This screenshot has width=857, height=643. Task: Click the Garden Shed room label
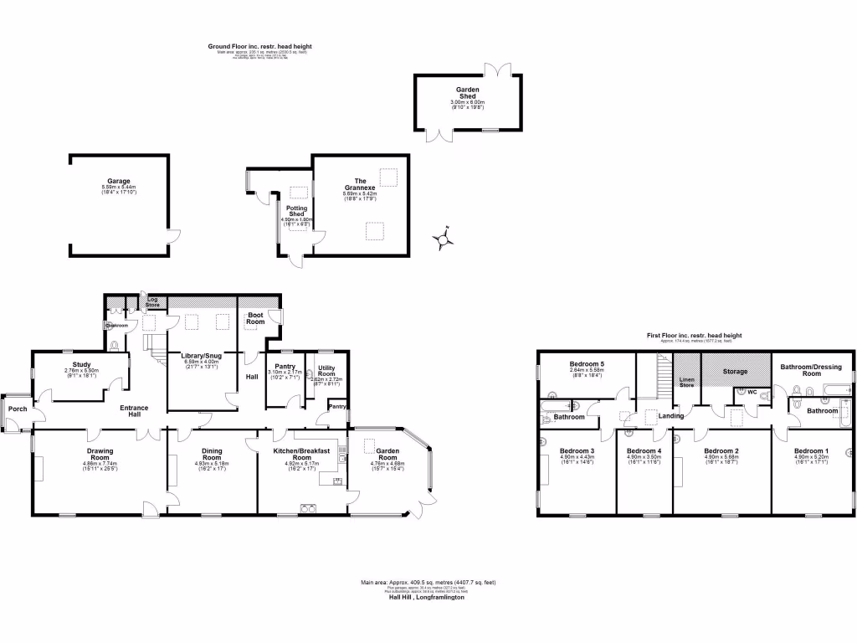click(x=467, y=92)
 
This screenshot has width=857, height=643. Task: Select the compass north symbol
click(x=443, y=239)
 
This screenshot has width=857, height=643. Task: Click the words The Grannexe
click(x=360, y=184)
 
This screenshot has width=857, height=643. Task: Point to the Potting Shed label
click(x=297, y=211)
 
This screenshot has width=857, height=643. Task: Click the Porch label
click(x=17, y=409)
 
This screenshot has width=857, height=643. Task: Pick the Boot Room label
click(x=254, y=318)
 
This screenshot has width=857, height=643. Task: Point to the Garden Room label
click(x=387, y=455)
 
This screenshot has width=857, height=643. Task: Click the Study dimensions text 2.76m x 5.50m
click(x=81, y=371)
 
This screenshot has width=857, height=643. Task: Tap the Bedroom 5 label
click(x=587, y=364)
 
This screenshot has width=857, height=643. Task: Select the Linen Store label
click(x=686, y=383)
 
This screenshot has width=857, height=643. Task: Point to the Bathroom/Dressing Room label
click(x=812, y=369)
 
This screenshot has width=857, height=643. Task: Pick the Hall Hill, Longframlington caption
click(x=426, y=597)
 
